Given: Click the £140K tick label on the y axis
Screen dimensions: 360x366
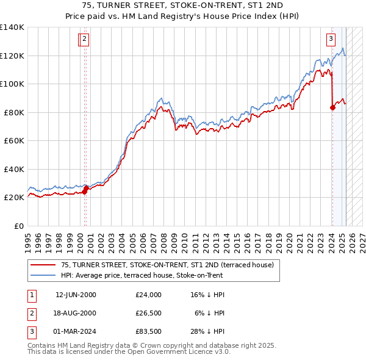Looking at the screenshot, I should (12, 27).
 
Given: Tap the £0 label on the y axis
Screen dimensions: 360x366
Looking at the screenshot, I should (19, 226).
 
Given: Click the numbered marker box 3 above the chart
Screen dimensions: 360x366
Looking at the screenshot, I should (331, 40).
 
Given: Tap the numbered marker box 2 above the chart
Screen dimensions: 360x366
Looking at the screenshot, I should (84, 40).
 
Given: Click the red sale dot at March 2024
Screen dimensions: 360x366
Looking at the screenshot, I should (332, 108).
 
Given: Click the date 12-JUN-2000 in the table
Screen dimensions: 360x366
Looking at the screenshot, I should (76, 295).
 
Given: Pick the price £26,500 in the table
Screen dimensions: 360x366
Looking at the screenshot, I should (149, 314).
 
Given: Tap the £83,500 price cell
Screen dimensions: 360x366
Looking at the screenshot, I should (149, 333).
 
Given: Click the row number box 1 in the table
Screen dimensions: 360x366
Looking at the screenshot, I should (31, 295).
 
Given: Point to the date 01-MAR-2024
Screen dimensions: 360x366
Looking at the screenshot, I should (76, 333).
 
